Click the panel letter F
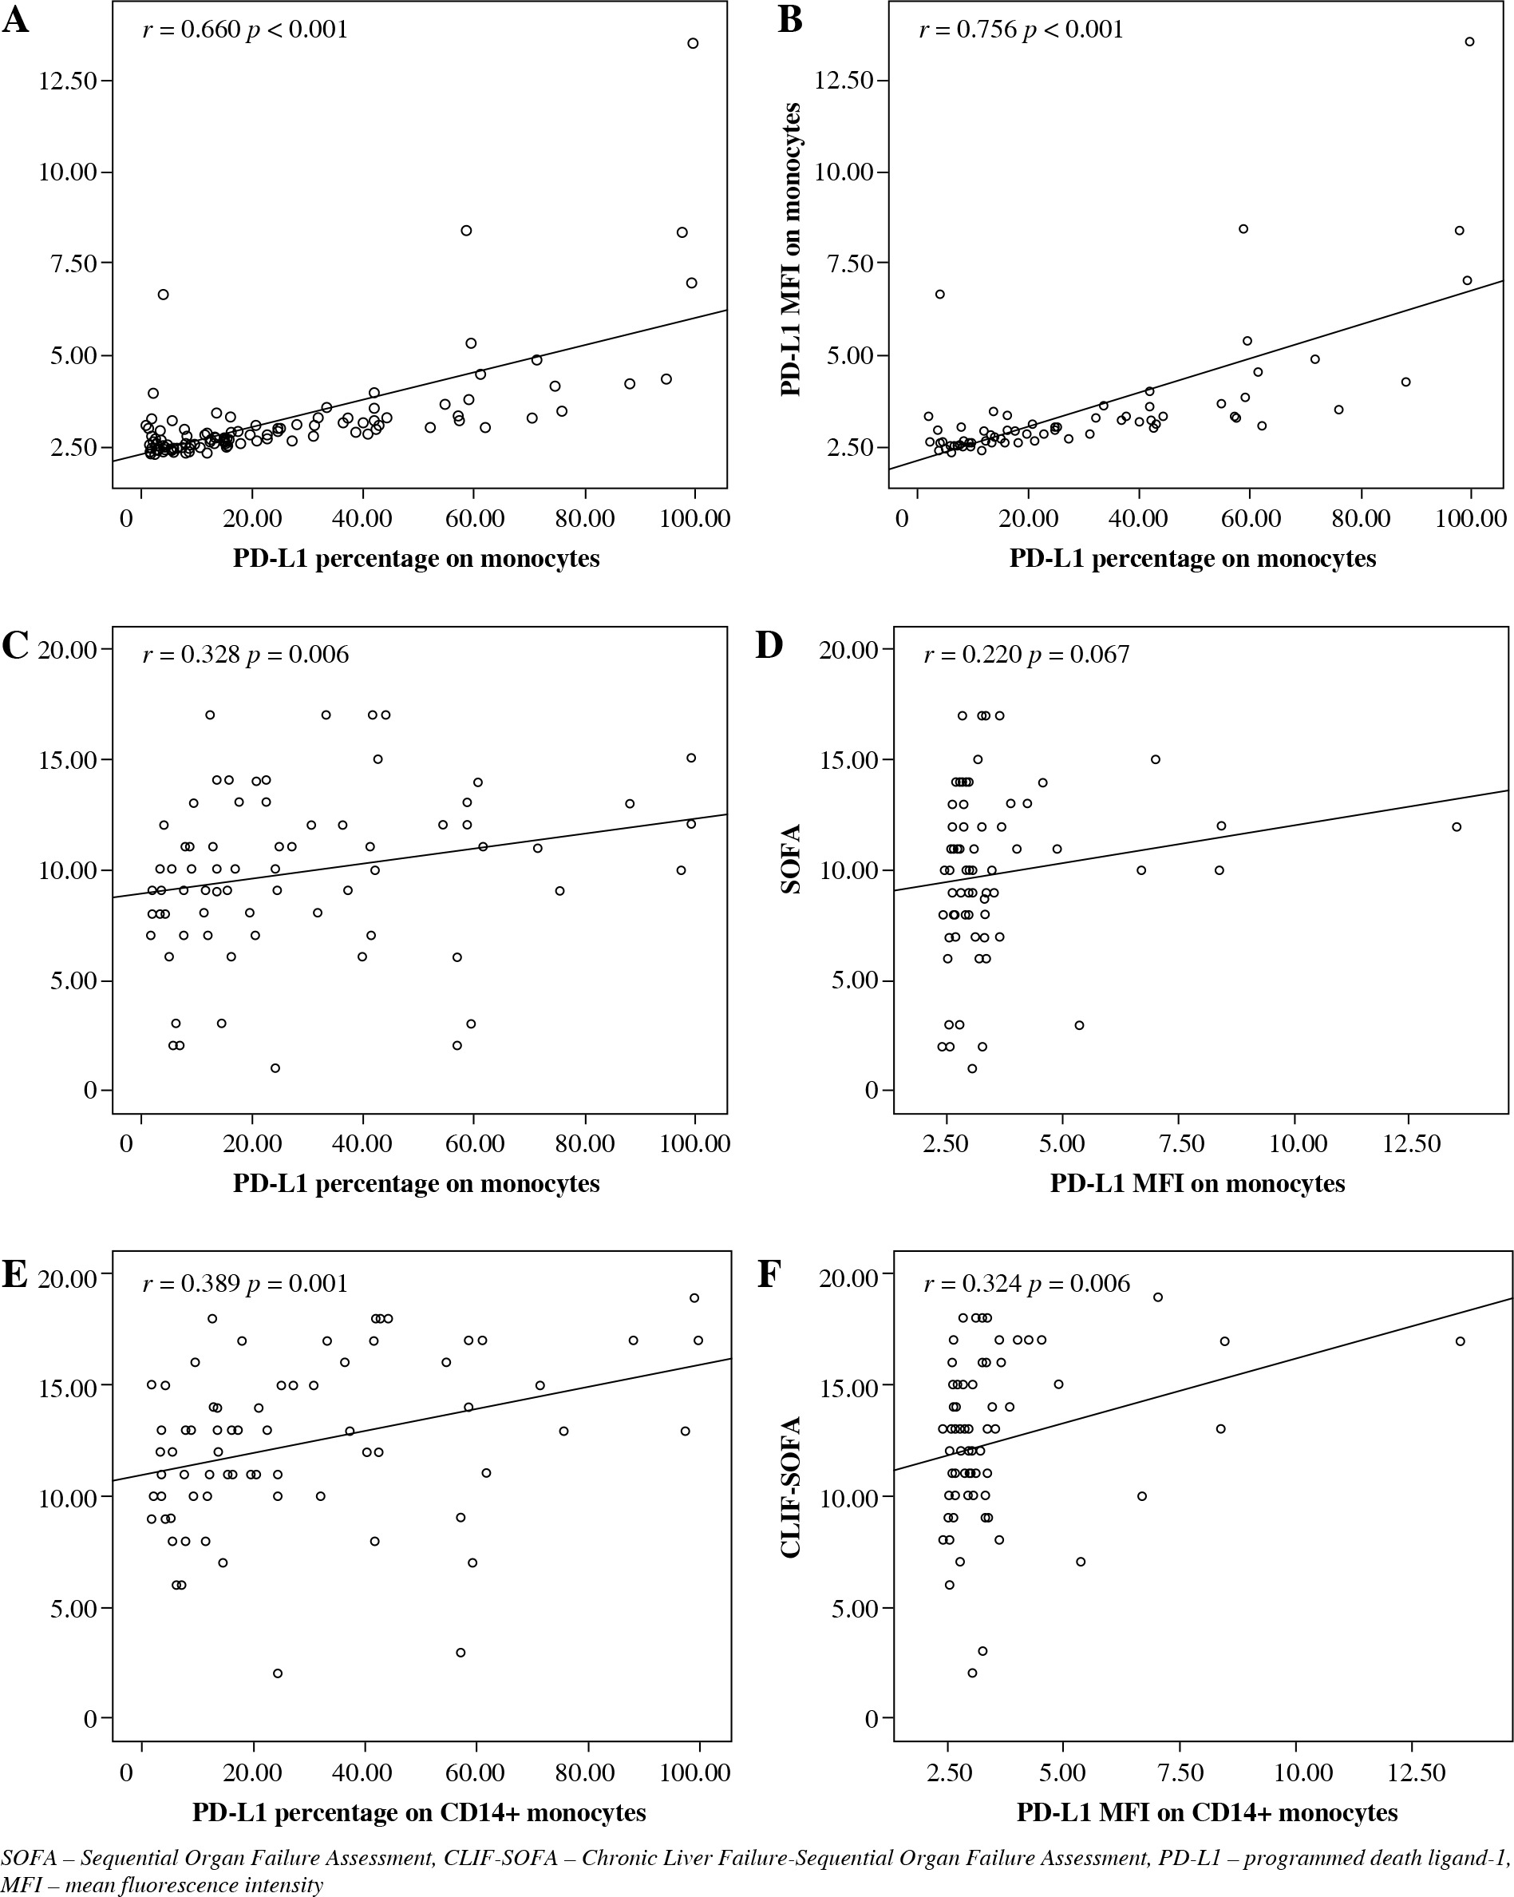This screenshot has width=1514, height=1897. [769, 1275]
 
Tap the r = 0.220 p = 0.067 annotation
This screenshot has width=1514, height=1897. [1026, 655]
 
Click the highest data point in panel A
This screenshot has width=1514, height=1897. [692, 43]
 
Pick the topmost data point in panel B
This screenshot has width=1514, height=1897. [1469, 42]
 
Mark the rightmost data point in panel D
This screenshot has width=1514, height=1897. [1456, 827]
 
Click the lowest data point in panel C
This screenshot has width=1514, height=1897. [275, 1068]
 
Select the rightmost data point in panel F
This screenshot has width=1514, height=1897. [1461, 1342]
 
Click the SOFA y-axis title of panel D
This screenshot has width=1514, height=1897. [791, 859]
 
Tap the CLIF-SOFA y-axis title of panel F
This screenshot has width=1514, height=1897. [791, 1487]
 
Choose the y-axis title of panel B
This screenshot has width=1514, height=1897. [791, 249]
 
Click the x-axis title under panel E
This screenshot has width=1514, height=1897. [419, 1812]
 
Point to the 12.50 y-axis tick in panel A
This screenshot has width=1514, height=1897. [68, 81]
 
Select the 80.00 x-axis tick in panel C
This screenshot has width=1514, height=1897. [584, 1144]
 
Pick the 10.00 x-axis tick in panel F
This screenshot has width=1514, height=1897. [1300, 1772]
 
